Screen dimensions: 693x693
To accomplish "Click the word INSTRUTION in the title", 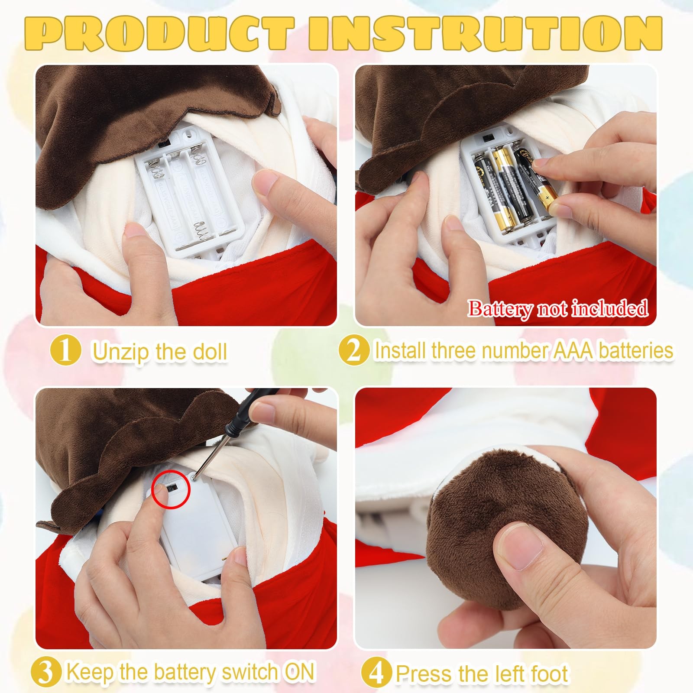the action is (485, 34).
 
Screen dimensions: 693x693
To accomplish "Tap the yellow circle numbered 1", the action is (65, 350).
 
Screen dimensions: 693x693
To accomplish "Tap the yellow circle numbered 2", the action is (354, 350).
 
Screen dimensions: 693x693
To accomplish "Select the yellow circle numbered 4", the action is (376, 673).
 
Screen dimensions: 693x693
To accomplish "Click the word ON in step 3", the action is (299, 672).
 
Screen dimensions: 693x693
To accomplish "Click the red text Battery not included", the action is (558, 308).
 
